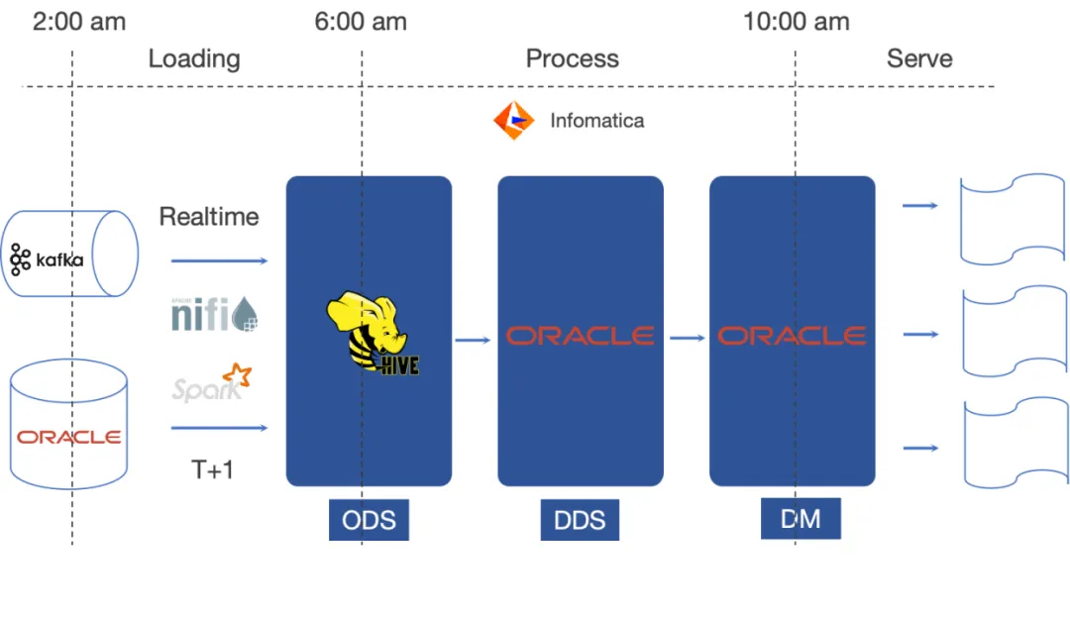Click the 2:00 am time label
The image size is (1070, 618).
pyautogui.click(x=79, y=22)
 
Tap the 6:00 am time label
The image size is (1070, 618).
pyautogui.click(x=361, y=22)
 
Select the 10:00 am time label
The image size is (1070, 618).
pyautogui.click(x=796, y=22)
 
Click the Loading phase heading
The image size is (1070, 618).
pyautogui.click(x=194, y=58)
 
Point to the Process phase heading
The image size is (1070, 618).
pyautogui.click(x=572, y=58)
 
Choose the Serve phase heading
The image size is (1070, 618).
pyautogui.click(x=919, y=58)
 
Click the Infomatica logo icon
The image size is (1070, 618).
pyautogui.click(x=513, y=121)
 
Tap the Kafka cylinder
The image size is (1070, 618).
pyautogui.click(x=69, y=255)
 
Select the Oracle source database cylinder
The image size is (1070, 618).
pyautogui.click(x=69, y=424)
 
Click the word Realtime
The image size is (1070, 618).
pyautogui.click(x=209, y=217)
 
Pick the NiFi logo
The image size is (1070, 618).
pyautogui.click(x=215, y=316)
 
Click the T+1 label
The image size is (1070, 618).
pyautogui.click(x=212, y=468)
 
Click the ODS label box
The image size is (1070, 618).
pyautogui.click(x=369, y=520)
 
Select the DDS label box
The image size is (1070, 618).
pyautogui.click(x=580, y=520)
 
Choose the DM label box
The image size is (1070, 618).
pyautogui.click(x=800, y=518)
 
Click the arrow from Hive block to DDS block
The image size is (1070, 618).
pyautogui.click(x=474, y=340)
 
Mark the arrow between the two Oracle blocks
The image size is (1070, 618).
pyautogui.click(x=686, y=338)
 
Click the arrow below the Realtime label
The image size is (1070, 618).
pyautogui.click(x=219, y=260)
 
